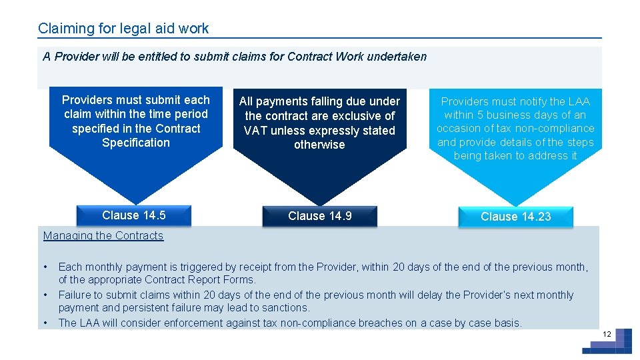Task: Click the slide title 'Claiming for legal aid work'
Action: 123,29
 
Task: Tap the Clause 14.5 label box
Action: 133,215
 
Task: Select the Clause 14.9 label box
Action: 319,216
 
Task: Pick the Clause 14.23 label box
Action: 515,217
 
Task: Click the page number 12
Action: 607,334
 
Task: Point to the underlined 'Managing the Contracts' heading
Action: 103,235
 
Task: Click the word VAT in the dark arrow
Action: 256,131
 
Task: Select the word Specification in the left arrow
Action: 136,143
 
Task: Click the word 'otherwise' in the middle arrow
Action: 319,145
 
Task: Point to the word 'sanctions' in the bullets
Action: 286,308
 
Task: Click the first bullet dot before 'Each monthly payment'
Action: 45,267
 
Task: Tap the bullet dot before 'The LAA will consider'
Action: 45,323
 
